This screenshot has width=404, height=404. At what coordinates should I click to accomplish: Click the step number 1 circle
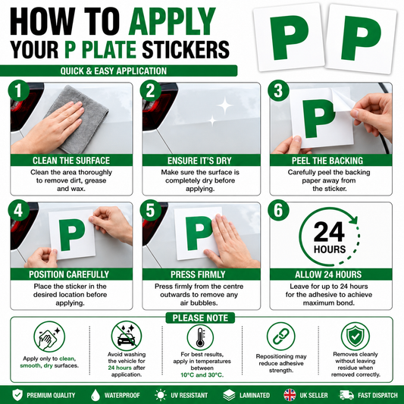pos(18,90)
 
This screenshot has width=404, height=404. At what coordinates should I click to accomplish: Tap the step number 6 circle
pos(278,210)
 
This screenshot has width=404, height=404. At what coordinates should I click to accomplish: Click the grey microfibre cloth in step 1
pos(82,118)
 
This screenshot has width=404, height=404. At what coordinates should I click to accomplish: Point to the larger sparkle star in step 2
pos(224,105)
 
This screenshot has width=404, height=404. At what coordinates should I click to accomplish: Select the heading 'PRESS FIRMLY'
pos(198,274)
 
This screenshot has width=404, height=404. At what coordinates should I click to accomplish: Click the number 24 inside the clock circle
pos(329,231)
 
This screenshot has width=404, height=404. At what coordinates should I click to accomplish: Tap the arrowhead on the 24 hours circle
pos(354,219)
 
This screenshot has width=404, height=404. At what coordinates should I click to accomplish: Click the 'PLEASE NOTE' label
pos(200,318)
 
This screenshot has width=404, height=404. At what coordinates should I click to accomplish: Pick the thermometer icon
pos(200,337)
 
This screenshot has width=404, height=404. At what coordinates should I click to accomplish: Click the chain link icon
pos(281,337)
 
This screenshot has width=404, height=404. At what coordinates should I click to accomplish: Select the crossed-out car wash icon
pos(127,336)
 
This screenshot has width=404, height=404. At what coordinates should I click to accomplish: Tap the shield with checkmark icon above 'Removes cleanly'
pos(355,336)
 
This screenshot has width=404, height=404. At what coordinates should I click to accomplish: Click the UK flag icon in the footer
pos(290,395)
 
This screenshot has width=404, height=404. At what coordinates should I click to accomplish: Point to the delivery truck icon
pos(346,395)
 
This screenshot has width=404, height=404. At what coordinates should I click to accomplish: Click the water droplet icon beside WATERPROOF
pos(96,395)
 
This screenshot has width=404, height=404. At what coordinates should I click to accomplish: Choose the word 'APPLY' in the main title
pos(172,21)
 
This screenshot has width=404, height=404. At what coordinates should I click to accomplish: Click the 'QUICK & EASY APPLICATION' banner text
pos(114,70)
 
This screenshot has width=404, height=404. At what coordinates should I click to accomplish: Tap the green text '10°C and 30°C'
pos(202,375)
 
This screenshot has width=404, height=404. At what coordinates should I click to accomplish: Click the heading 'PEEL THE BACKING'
pos(327,161)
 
